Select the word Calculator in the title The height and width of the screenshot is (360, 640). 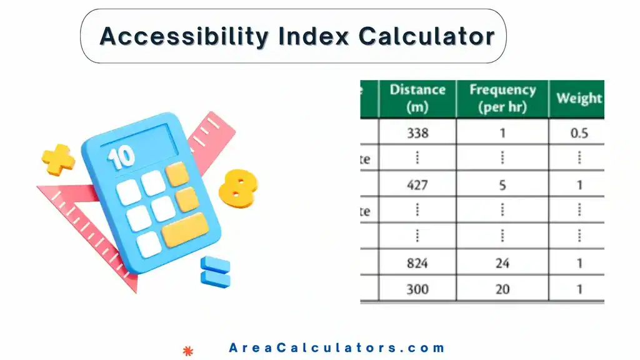pyautogui.click(x=426, y=36)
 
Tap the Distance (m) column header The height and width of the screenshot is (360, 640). pyautogui.click(x=417, y=98)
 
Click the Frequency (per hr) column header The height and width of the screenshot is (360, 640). pyautogui.click(x=502, y=98)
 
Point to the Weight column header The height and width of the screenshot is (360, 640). pyautogui.click(x=579, y=98)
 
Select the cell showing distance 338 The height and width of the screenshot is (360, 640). pyautogui.click(x=417, y=132)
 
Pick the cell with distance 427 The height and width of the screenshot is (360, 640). pyautogui.click(x=417, y=185)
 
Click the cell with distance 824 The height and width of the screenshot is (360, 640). pyautogui.click(x=417, y=263)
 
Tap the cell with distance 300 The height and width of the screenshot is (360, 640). pyautogui.click(x=417, y=289)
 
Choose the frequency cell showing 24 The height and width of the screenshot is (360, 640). pyautogui.click(x=502, y=263)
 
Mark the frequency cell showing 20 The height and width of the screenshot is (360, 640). pyautogui.click(x=502, y=289)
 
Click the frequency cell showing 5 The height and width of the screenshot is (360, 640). pyautogui.click(x=502, y=185)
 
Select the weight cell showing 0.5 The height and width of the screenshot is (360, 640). pyautogui.click(x=579, y=132)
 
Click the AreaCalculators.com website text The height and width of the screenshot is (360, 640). pyautogui.click(x=337, y=348)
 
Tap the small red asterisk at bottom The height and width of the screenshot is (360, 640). pyautogui.click(x=186, y=350)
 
